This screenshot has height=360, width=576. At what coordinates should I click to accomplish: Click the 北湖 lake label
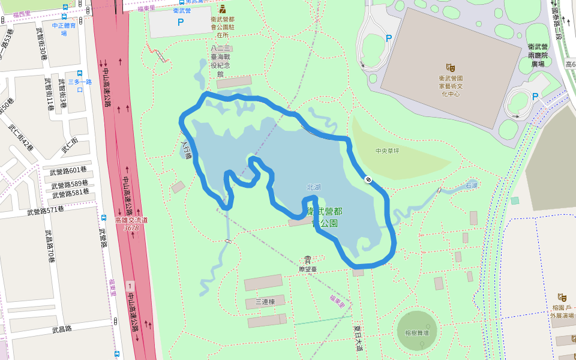[x=313, y=187]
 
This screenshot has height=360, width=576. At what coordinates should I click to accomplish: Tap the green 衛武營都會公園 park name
[x=325, y=217]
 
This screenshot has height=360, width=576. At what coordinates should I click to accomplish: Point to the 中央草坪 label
[x=387, y=151]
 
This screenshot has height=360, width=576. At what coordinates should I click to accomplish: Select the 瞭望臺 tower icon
[x=307, y=259]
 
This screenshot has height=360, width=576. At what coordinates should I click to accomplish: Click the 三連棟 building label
[x=265, y=302]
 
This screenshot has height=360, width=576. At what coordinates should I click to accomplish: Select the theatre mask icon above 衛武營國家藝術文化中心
[x=450, y=68]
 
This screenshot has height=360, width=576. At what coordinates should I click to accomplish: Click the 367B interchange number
[x=131, y=228]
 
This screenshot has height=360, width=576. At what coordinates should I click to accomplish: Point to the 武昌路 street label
[x=62, y=329]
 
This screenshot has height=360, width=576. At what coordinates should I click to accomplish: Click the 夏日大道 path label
[x=358, y=337]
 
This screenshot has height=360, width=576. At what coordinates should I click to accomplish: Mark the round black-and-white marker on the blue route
[x=367, y=179]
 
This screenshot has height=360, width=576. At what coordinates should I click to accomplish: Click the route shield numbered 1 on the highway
[x=130, y=284]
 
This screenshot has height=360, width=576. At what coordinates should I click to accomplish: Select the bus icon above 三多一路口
[x=80, y=73]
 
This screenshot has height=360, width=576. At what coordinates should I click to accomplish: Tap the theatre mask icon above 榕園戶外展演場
[x=562, y=297]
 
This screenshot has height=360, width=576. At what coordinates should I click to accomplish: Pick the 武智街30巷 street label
[x=41, y=44]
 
